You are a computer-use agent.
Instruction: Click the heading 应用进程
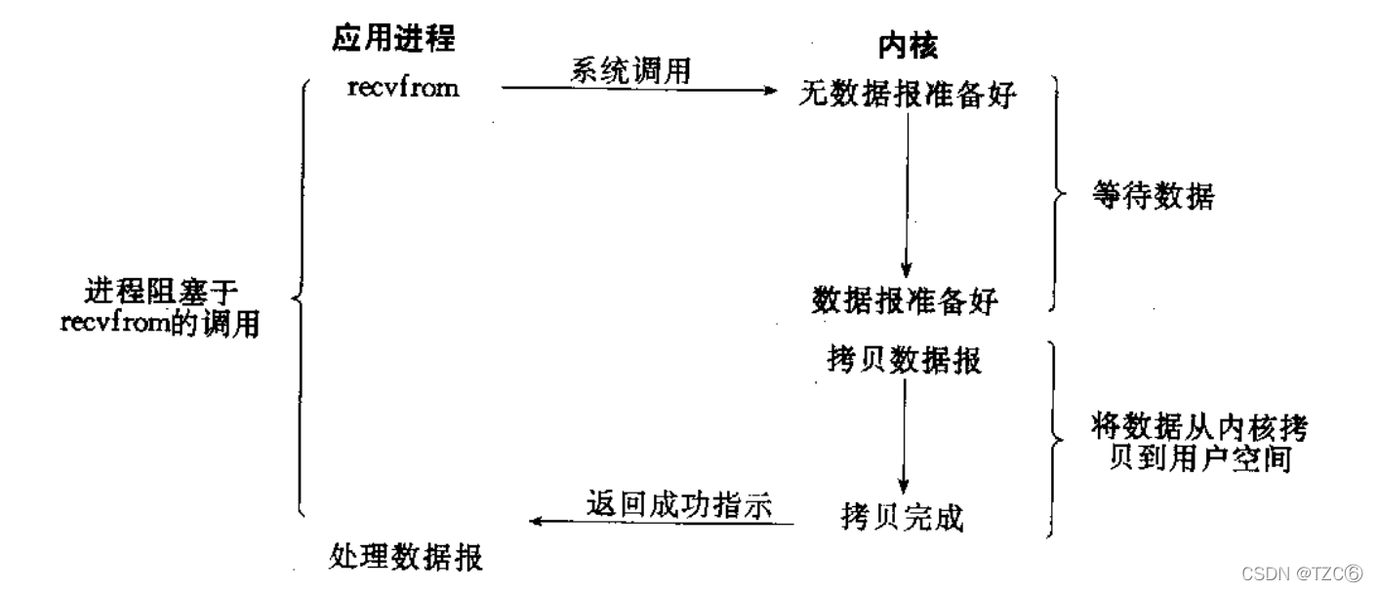coord(394,40)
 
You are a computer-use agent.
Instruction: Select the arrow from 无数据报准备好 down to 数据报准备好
coord(907,195)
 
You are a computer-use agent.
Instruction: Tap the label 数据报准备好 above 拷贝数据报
coord(905,300)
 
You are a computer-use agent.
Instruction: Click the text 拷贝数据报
coord(904,361)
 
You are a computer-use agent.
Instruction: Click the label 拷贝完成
coord(902,517)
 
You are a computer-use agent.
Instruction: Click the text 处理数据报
coord(406,558)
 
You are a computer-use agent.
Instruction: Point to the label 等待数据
coord(1153,198)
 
